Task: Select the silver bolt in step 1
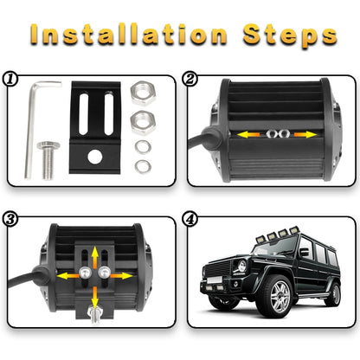(46, 164)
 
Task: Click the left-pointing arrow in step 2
(252, 136)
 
